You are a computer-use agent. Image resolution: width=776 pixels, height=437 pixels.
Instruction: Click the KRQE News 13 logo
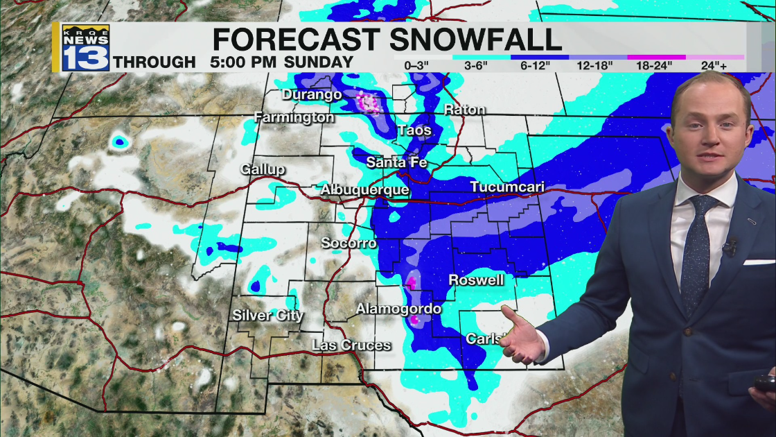coord(86,47)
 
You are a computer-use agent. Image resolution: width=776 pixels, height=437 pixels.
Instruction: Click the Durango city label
coord(312,94)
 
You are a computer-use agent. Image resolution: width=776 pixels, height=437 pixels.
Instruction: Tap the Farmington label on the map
coord(294,117)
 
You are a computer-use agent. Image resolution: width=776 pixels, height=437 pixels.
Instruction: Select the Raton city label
coord(464,110)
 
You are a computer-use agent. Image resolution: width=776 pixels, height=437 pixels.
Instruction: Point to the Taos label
coord(414,130)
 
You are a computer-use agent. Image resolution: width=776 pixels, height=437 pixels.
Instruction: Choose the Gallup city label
coord(263,169)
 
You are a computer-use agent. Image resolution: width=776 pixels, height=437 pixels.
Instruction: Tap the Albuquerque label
coord(364,189)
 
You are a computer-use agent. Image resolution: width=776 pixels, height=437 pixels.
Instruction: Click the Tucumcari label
coord(507,187)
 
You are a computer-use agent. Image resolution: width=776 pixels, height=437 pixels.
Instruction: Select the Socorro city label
coord(349,243)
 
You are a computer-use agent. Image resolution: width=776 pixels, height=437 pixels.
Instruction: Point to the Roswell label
coord(476,280)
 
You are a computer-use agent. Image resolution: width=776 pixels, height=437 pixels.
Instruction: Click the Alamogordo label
coord(398,309)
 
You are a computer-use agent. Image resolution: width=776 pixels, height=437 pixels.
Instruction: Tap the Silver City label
coord(267,316)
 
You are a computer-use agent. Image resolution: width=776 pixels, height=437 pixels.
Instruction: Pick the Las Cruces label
coord(351,345)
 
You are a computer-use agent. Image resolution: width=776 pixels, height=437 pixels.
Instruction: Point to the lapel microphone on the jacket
coord(730,246)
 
